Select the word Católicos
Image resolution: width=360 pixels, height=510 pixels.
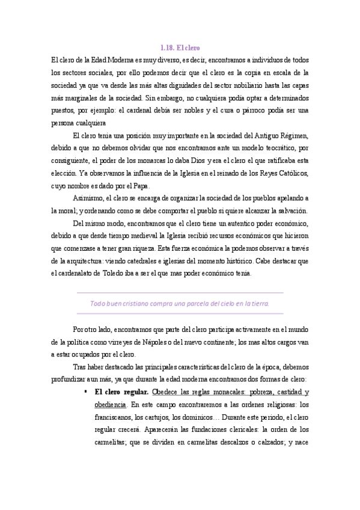291,174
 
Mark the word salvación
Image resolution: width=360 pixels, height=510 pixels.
290,211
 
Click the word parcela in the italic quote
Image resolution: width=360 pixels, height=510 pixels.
197,304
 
